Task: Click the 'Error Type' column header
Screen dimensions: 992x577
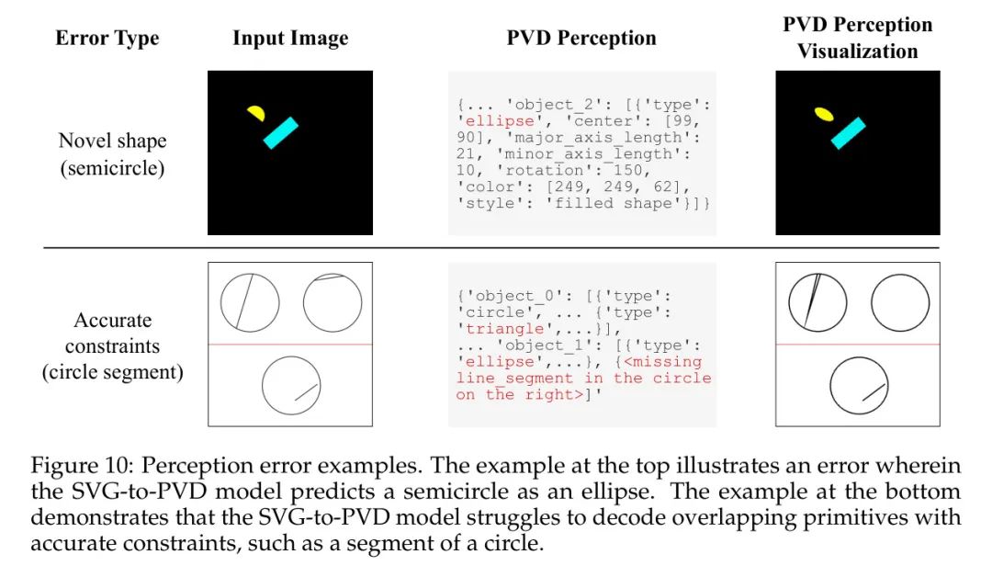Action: coord(107,38)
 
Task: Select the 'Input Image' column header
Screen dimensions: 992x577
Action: coord(290,38)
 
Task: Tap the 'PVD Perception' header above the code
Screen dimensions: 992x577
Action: coord(581,38)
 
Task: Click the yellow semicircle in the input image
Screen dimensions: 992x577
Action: coord(256,113)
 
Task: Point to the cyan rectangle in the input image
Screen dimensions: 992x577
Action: coord(281,133)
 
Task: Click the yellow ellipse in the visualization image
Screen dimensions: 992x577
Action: coord(824,114)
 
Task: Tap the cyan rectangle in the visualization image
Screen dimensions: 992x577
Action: coord(849,133)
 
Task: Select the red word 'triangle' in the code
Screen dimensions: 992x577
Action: coord(505,328)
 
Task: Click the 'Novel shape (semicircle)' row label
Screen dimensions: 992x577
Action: coord(113,153)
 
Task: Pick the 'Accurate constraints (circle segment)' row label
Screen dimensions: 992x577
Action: coord(113,345)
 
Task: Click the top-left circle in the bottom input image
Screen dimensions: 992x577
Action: coord(250,303)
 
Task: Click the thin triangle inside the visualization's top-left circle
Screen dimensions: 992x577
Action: coord(812,300)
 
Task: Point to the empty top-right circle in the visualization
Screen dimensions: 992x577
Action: coord(871,303)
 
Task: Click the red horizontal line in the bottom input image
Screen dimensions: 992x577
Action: coord(290,345)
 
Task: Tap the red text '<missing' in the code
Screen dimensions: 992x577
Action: coord(662,361)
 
